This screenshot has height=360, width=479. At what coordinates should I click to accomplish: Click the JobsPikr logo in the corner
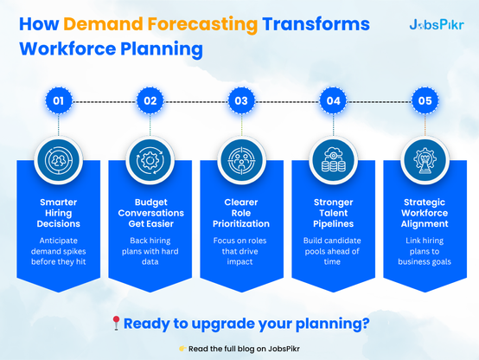437,25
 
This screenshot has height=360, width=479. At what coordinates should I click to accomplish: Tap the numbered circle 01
58,100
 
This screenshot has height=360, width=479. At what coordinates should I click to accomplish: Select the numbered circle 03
241,100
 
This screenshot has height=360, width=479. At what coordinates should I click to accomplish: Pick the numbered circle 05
425,100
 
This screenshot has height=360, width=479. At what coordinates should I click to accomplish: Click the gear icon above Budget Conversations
150,160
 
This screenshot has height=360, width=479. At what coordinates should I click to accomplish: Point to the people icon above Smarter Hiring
58,160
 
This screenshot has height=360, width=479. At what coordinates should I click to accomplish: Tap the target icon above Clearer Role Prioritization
241,160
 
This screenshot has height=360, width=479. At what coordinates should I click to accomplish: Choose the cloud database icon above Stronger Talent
333,160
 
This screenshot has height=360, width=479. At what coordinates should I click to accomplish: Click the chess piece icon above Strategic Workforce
425,160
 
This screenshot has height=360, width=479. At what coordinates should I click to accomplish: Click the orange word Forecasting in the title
202,24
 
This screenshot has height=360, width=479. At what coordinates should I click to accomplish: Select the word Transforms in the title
316,24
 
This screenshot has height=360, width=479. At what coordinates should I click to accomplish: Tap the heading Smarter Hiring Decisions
58,213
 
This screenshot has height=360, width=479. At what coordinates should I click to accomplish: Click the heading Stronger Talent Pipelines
333,213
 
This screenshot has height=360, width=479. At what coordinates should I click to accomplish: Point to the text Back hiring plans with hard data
150,251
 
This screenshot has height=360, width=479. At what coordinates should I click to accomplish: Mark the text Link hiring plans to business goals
425,251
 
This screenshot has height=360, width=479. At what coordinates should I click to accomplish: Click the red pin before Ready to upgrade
116,324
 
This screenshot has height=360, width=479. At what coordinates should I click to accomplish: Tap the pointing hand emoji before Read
182,349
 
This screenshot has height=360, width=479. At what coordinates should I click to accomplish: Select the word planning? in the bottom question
333,324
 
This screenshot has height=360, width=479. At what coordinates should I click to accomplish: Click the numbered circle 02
150,100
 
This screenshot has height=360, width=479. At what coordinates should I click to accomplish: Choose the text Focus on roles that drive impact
239,251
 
